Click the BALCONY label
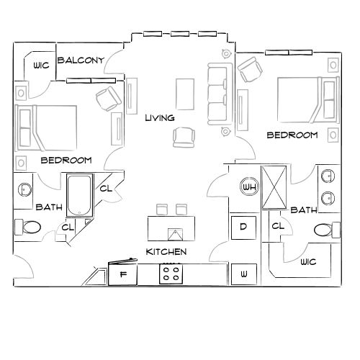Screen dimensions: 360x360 tap(81, 60)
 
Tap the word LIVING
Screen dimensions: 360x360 tap(159, 117)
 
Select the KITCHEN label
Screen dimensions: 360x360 tap(166, 252)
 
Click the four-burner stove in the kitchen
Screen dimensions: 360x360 tap(171, 274)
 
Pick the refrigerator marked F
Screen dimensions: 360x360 tap(122, 274)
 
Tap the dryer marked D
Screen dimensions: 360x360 tap(243, 227)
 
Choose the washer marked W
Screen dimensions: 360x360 tap(243, 274)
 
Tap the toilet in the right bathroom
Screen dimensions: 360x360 tap(326, 230)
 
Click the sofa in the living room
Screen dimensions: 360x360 tap(217, 94)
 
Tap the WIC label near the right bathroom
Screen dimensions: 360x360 tap(309, 262)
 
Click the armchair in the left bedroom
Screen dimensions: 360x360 tap(108, 98)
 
